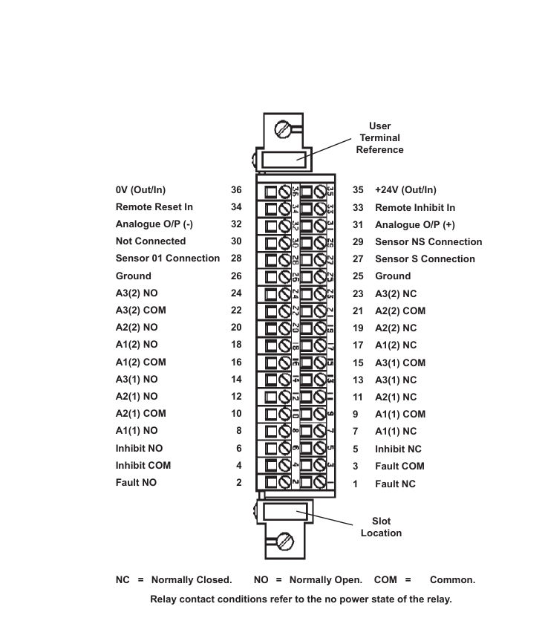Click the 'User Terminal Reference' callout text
click(379, 138)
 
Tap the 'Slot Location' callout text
click(381, 527)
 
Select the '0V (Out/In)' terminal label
click(140, 190)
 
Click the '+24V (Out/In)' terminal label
click(405, 190)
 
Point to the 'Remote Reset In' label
click(154, 207)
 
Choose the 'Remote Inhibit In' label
click(415, 207)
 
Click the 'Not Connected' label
click(151, 241)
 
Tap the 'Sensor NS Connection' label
click(428, 241)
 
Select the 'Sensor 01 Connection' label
click(167, 259)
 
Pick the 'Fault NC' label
click(396, 484)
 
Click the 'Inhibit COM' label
click(143, 465)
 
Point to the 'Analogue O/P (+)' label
click(415, 225)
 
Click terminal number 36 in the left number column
click(236, 190)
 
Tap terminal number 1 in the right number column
click(356, 484)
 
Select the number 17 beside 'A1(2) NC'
click(358, 345)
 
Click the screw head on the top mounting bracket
click(284, 129)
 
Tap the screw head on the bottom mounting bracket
click(285, 541)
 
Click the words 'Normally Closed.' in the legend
click(192, 580)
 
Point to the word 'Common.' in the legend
click(452, 580)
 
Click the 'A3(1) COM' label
click(400, 362)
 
